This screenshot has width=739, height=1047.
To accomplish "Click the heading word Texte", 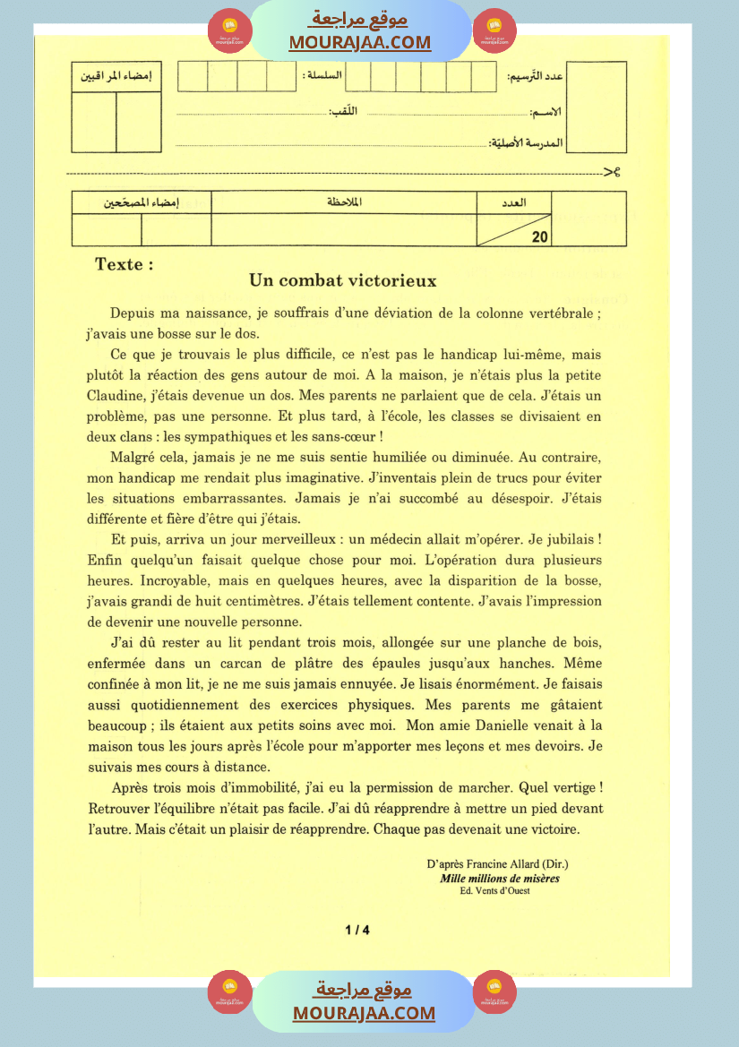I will [124, 264].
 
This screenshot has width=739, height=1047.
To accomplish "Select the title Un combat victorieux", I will [343, 281].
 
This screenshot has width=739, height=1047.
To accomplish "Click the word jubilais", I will [563, 540].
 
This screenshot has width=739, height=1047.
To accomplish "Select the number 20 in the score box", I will [539, 237].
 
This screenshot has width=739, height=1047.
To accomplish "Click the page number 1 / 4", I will [357, 930].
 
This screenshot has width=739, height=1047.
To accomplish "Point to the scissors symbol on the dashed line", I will [612, 171].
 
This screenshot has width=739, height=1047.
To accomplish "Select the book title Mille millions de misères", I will [500, 879].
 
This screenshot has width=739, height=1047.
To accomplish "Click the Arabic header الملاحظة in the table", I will [344, 202].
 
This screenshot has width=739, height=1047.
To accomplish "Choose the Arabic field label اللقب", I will [343, 111].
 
